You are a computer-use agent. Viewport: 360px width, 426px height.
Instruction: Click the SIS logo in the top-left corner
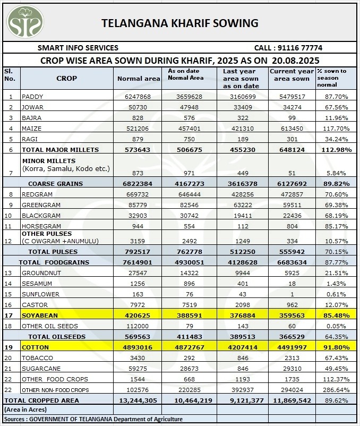[x=23, y=22]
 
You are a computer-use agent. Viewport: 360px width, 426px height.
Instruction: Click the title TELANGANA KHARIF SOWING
[x=180, y=23]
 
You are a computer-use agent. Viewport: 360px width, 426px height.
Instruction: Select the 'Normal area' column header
[x=138, y=79]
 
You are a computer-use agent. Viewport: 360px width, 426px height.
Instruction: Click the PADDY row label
[x=32, y=97]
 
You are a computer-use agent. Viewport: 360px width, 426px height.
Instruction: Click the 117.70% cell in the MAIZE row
[x=335, y=129]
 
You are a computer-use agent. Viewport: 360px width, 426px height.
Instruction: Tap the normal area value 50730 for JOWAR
[x=138, y=107]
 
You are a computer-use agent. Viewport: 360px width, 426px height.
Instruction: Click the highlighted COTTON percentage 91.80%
[x=335, y=347]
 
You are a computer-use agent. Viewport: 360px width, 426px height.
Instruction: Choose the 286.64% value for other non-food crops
[x=335, y=390]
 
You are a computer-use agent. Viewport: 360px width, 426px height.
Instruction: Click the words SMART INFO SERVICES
[x=78, y=48]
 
